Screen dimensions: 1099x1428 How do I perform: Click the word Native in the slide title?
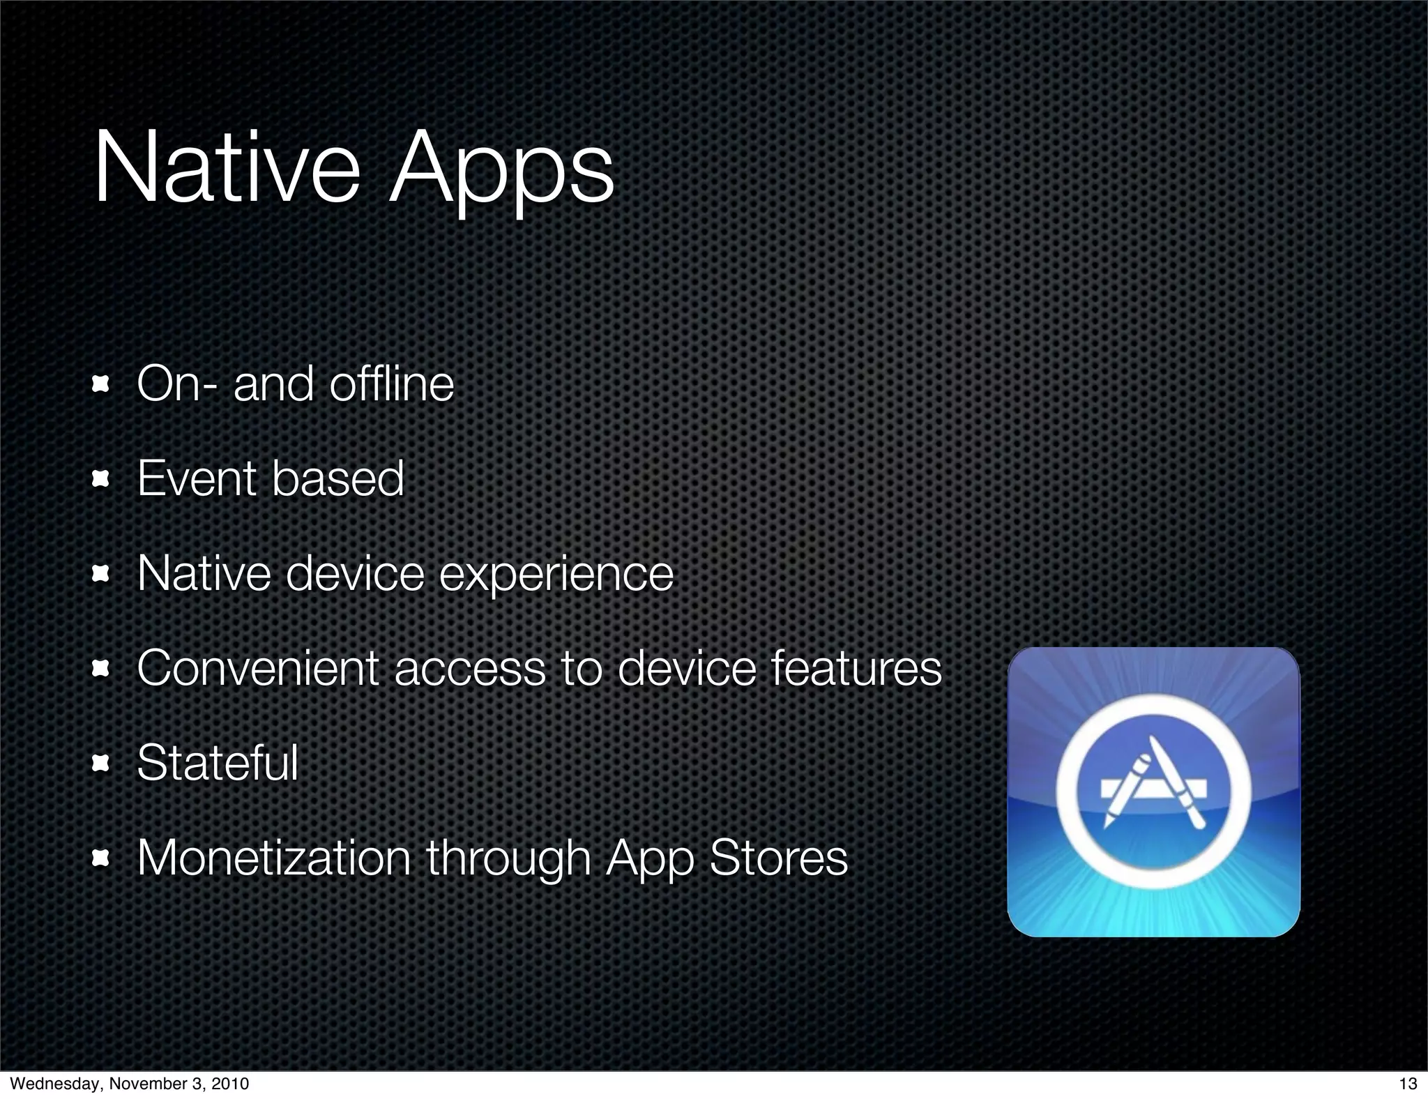(227, 169)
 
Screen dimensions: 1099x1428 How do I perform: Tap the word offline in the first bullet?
(391, 384)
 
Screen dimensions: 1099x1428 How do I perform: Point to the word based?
(337, 478)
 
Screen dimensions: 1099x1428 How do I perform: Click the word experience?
(556, 575)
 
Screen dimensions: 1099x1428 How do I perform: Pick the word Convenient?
(258, 668)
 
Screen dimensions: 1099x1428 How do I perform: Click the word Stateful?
(218, 762)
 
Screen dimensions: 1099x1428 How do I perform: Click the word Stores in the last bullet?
(778, 857)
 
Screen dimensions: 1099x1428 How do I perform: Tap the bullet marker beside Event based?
(102, 479)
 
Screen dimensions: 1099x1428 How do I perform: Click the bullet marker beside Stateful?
(102, 764)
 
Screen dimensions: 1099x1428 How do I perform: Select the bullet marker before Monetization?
(102, 858)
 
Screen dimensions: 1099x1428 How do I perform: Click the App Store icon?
(1153, 791)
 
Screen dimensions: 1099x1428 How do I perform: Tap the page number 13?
(1408, 1084)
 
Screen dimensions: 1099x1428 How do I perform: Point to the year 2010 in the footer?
(229, 1084)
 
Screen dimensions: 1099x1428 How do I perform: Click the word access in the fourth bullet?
(470, 668)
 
